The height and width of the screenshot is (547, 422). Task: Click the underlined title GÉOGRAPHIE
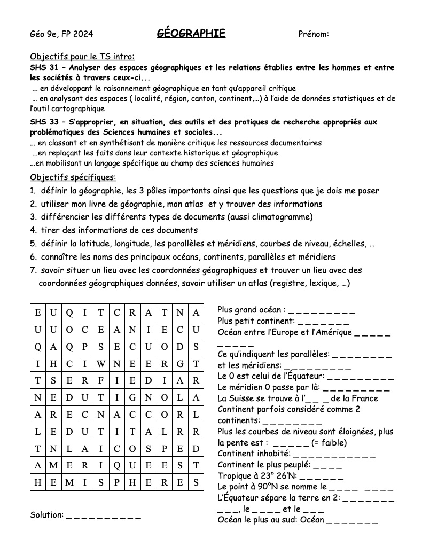pyautogui.click(x=191, y=34)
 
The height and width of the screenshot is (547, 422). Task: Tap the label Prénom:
pyautogui.click(x=313, y=34)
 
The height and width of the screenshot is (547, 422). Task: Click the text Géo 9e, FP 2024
pyautogui.click(x=61, y=34)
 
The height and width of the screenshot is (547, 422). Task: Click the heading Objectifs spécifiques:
pyautogui.click(x=73, y=177)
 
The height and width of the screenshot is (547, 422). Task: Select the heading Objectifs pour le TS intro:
pyautogui.click(x=82, y=57)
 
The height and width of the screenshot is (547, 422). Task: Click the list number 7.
pyautogui.click(x=33, y=270)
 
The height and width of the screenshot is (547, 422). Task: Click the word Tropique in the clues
pyautogui.click(x=236, y=475)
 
